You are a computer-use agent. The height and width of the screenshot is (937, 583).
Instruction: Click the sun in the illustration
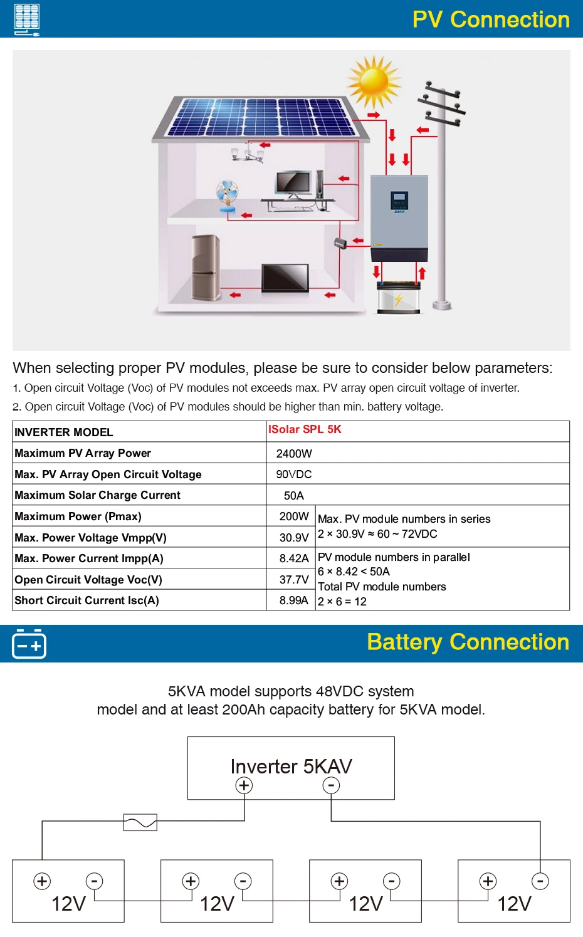pos(374,82)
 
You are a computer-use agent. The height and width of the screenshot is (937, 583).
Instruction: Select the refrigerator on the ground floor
pos(206,267)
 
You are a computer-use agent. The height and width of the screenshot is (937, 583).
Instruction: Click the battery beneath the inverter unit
pos(399,296)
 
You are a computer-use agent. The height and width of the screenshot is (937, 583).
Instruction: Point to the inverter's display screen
pos(399,199)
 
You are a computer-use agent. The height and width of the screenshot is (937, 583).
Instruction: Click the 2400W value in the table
pos(293,453)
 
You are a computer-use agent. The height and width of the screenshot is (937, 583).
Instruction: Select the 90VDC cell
pos(293,474)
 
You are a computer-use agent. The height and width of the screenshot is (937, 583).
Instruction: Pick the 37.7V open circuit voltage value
pos(293,580)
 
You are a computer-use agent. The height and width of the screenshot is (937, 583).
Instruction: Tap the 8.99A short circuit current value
pos(293,600)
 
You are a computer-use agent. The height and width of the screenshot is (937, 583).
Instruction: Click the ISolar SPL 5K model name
pos(305,429)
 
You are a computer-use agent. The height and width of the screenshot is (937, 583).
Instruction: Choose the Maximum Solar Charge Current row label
pos(97,495)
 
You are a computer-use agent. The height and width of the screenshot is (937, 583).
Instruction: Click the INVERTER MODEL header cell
pos(63,432)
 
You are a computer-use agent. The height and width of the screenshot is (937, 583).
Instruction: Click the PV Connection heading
pos(491,19)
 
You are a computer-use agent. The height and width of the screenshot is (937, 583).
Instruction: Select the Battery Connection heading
pos(468,642)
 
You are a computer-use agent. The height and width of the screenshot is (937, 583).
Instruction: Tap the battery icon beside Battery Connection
pos(29,644)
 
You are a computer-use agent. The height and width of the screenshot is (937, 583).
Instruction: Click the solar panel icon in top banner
pos(26,19)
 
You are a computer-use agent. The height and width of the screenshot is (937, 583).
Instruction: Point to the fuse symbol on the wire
pos(140,822)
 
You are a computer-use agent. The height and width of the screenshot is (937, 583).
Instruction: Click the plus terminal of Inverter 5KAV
pos(244,785)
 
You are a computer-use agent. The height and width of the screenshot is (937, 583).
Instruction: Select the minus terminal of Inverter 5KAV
pos(331,785)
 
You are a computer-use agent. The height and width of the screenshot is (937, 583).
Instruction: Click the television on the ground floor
pos(285,277)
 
